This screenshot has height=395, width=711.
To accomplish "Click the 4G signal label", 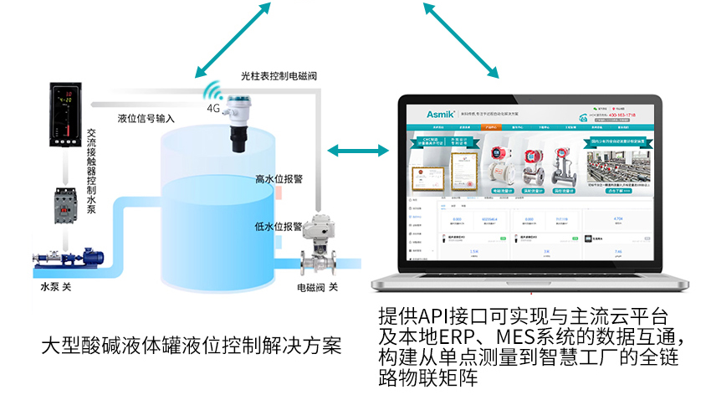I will (213, 109).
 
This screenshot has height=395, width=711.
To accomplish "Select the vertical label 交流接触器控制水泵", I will (91, 171).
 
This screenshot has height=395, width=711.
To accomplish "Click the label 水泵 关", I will (57, 287).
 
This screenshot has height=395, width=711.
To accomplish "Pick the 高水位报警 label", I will (279, 178).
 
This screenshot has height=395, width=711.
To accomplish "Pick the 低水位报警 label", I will (279, 226).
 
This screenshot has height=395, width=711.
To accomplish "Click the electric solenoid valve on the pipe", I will (318, 247).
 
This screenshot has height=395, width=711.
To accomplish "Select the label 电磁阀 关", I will (317, 287).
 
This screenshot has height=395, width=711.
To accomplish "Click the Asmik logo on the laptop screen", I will (426, 113).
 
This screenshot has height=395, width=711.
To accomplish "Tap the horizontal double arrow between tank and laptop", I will (358, 151).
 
